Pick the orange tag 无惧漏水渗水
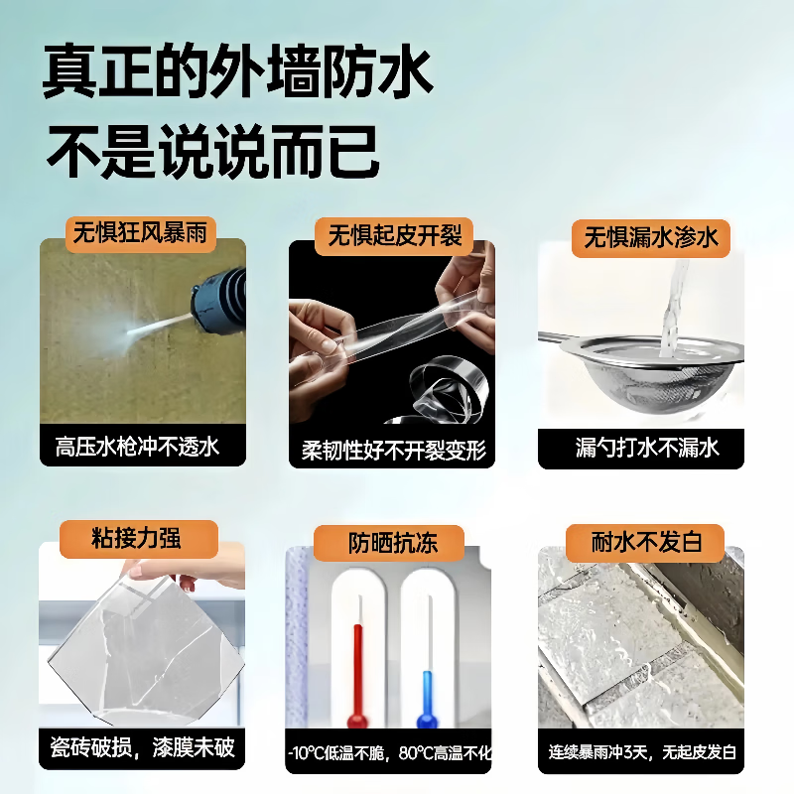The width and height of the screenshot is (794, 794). coord(650,238)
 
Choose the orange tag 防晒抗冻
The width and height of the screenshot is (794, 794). coord(391,543)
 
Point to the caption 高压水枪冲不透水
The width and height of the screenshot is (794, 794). coord(142,447)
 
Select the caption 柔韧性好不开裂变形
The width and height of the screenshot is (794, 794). coord(393,450)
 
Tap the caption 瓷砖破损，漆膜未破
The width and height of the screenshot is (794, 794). coord(142,746)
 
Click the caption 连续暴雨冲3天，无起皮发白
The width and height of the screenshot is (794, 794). coord(641,751)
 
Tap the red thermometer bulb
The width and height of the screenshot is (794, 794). coord(354,716)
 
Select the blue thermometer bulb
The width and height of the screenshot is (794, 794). coord(427,716)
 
